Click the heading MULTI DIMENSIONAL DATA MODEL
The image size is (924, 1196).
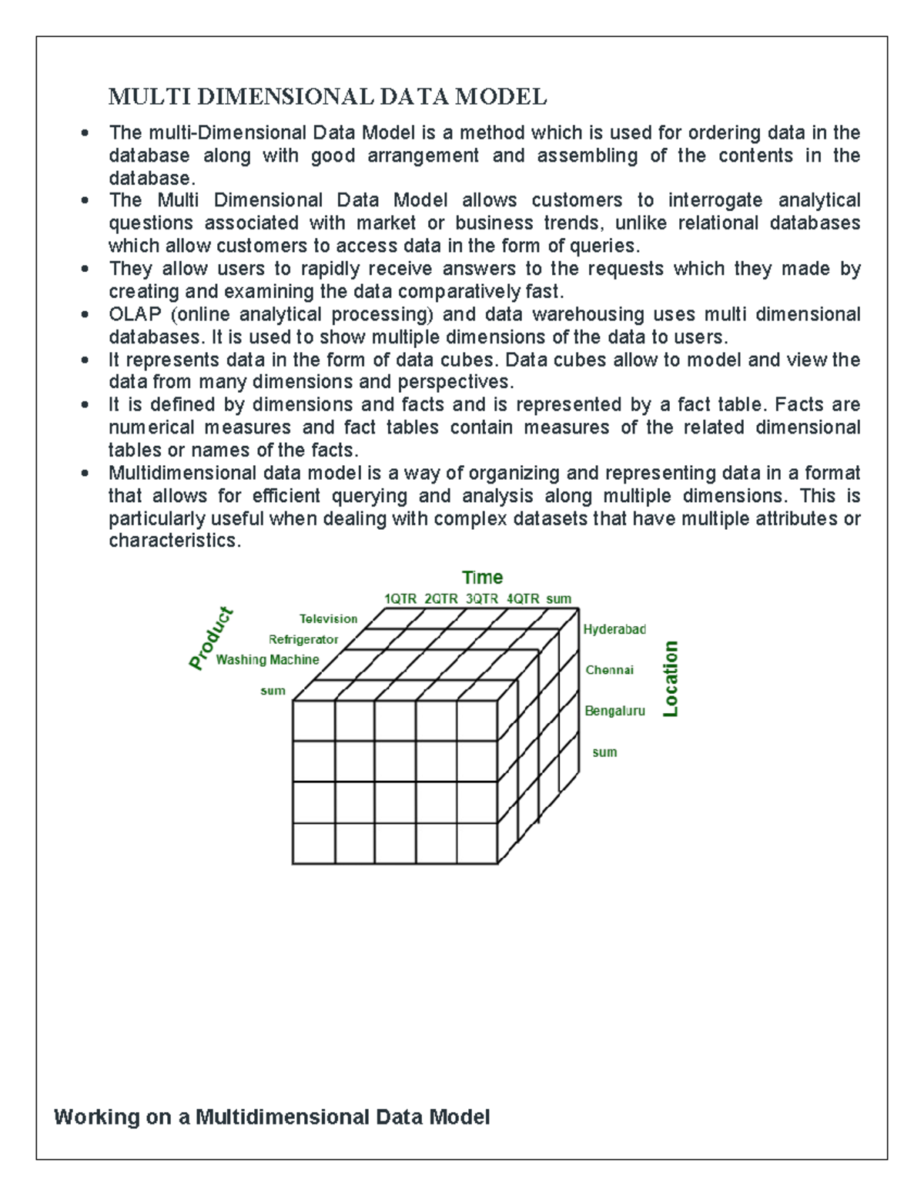coord(327,97)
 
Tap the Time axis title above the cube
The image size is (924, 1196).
coord(482,578)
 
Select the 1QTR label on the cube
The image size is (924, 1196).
coord(400,599)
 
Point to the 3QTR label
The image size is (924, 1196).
coord(482,599)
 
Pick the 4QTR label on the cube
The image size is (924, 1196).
coord(523,599)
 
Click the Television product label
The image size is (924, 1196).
coord(328,619)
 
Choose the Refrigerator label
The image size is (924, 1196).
coord(303,640)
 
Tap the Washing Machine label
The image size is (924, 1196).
coord(267,660)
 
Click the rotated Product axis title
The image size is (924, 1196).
coord(211,638)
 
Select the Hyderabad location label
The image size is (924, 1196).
coord(614,630)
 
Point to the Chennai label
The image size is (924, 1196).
coord(609,670)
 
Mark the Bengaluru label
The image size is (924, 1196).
coord(614,712)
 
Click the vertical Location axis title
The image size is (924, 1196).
coord(671,679)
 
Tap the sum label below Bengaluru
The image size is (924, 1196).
coord(604,752)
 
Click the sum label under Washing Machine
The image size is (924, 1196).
coord(273,692)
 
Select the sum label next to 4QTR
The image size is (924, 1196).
coord(559,599)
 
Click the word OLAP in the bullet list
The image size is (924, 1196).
coord(135,315)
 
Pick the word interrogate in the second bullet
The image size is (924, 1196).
coord(715,201)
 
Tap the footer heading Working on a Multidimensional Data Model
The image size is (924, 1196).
coord(272,1117)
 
